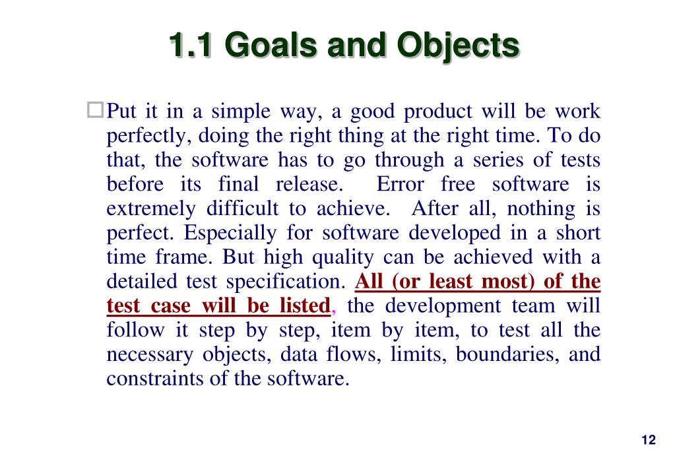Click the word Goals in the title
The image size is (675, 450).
pos(271,45)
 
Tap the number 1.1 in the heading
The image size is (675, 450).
pos(190,45)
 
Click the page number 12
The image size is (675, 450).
pos(649,439)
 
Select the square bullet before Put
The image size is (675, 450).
pos(95,110)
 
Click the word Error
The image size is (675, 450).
pos(400,184)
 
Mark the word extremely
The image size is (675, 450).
pos(151,209)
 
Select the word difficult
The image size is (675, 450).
pos(242,209)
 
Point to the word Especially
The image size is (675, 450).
pos(230,234)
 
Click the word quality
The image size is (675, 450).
pos(342,258)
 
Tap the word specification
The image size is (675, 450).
pos(286,282)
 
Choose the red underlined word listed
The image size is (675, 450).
pos(305,305)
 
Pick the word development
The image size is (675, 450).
pos(443,307)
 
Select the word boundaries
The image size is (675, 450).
pos(507,354)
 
